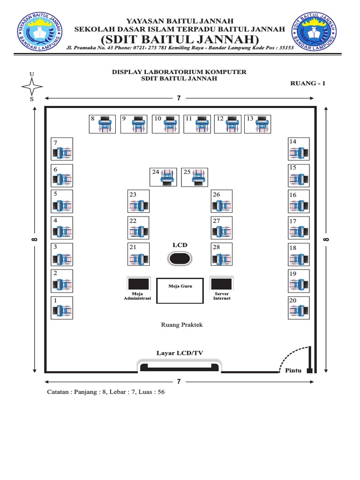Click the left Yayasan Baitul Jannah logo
point(39,31)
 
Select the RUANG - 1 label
point(308,83)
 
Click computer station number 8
point(103,124)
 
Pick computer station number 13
point(257,124)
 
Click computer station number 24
point(163,177)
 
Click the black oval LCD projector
point(180,258)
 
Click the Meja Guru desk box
point(180,291)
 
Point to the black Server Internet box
point(221,284)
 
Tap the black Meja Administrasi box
point(138,284)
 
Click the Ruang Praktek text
point(182,324)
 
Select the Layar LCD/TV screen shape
point(179,366)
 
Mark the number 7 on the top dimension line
point(179,98)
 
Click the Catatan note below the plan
point(105,392)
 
